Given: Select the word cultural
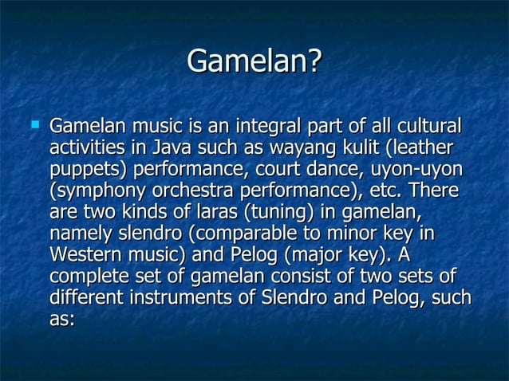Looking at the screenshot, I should tap(424, 127).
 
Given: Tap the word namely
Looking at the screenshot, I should tap(82, 235).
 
